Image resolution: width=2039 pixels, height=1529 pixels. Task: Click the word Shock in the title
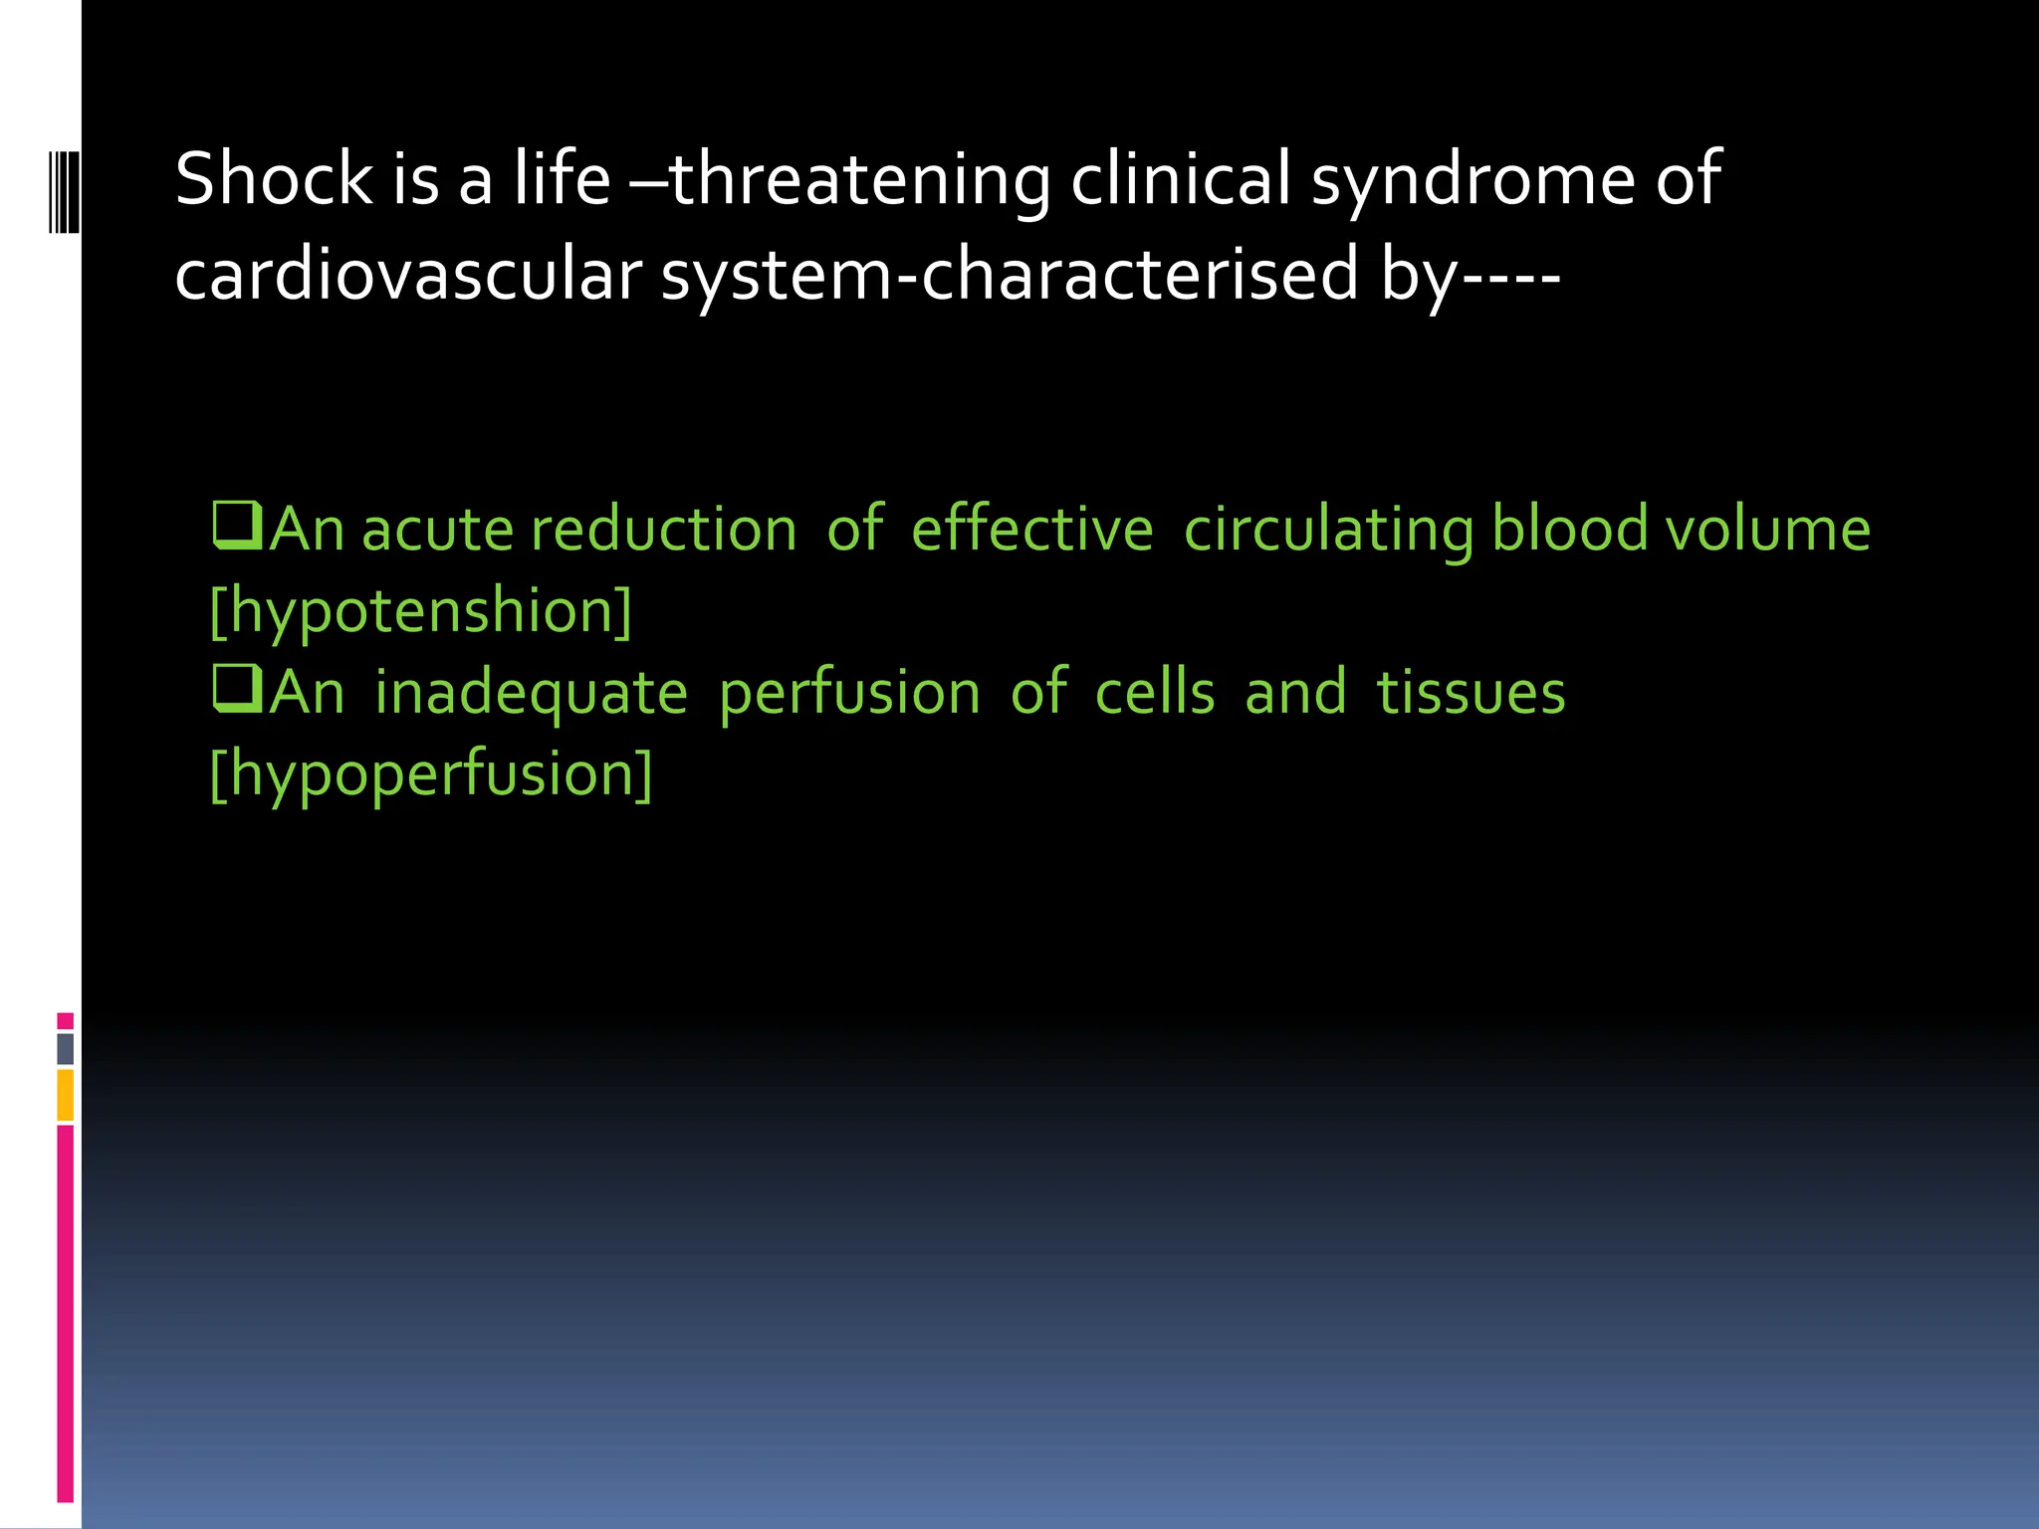click(273, 179)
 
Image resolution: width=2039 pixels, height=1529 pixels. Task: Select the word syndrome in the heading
click(1473, 181)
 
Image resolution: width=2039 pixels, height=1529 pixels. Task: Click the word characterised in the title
click(1140, 275)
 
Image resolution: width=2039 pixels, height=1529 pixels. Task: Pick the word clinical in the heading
click(1181, 179)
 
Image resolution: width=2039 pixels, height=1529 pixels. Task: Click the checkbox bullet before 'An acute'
click(237, 527)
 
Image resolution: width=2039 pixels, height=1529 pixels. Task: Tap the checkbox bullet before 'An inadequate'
click(237, 690)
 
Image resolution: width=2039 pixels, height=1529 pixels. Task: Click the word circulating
click(1328, 531)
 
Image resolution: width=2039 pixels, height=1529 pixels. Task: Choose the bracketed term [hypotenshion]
click(421, 611)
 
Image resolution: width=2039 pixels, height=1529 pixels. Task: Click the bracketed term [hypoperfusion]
click(431, 774)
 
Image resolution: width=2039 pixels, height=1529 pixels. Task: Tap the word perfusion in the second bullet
click(849, 694)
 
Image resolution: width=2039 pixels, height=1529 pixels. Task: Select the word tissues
click(1471, 692)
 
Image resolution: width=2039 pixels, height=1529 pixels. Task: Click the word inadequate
click(531, 694)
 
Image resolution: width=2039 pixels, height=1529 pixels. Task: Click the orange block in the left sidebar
click(66, 1095)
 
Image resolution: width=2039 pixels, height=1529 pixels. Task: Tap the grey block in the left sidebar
click(66, 1049)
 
